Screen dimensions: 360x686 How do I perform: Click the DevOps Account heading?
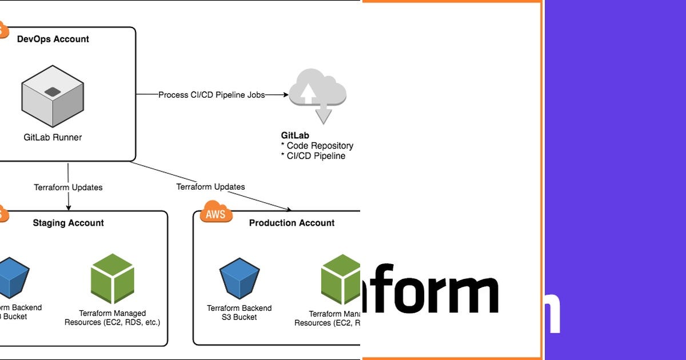click(53, 39)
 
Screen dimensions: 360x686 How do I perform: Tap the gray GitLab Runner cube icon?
click(52, 96)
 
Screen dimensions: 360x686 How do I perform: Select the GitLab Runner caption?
click(53, 137)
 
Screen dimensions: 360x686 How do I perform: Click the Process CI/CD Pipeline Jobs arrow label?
click(212, 95)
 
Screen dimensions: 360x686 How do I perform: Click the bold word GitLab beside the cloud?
click(295, 135)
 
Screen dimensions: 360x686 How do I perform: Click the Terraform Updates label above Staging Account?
click(68, 187)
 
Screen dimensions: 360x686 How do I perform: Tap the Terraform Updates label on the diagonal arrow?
click(210, 187)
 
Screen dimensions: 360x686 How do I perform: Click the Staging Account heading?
click(69, 223)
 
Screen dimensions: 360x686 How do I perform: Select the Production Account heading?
click(292, 223)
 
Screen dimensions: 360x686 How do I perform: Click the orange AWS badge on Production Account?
click(216, 213)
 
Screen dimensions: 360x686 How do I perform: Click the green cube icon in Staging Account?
click(112, 279)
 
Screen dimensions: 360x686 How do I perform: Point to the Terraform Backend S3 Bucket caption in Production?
click(239, 313)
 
